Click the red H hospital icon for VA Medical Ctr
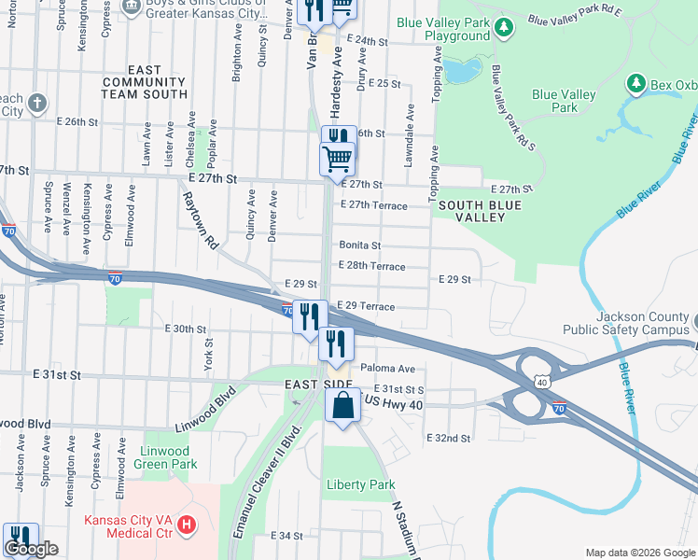coord(187,525)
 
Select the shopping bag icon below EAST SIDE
coord(342,405)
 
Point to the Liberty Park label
coord(360,484)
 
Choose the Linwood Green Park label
coord(165,456)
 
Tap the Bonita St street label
coord(360,245)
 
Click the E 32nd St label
coord(450,438)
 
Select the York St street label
coord(209,355)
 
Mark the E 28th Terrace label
coord(373,266)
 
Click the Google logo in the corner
coord(30,550)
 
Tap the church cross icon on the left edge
coord(36,104)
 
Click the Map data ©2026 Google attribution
coord(639,553)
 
